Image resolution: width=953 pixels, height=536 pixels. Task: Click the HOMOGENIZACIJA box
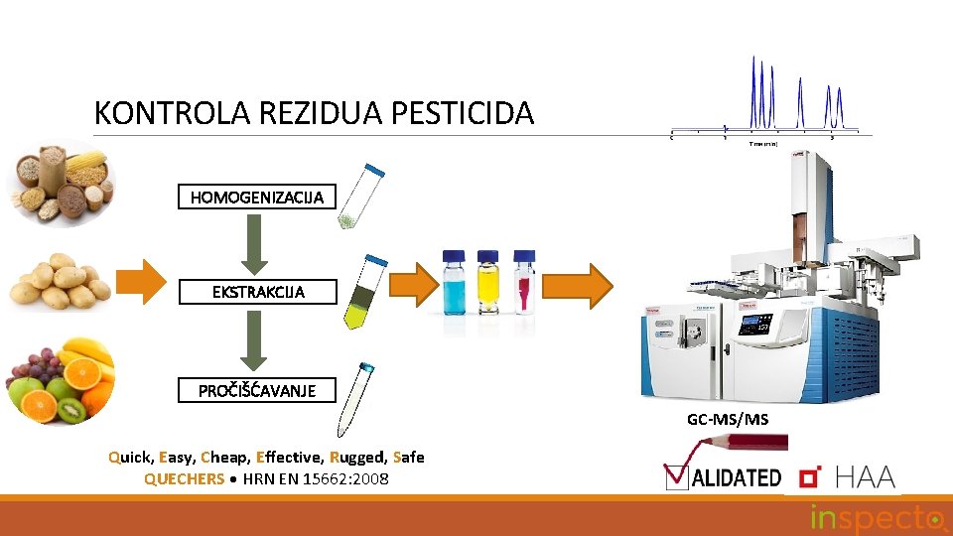[257, 197]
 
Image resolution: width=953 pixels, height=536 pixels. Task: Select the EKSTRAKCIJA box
[257, 292]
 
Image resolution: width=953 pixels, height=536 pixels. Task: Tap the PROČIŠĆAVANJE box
[257, 390]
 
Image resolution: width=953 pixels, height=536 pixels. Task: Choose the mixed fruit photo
[61, 382]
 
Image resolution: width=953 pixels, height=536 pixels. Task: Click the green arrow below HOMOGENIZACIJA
[256, 244]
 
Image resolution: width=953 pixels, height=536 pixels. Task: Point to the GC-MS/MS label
[728, 420]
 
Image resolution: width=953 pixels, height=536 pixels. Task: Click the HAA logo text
[865, 477]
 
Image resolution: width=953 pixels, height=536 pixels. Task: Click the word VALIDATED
[735, 477]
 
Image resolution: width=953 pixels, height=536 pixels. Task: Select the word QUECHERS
[185, 479]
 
